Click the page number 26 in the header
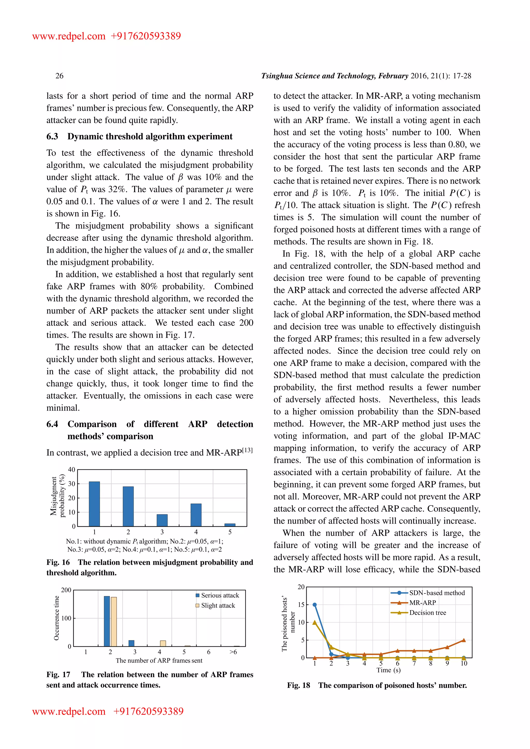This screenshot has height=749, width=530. point(60,76)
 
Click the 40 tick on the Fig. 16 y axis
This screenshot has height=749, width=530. point(71,469)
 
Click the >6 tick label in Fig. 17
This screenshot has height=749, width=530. point(233,652)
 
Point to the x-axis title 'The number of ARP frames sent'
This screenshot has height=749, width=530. point(159,661)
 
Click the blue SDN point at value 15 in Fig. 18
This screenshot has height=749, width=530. point(315,604)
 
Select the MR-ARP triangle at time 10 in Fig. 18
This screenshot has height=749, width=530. point(464,640)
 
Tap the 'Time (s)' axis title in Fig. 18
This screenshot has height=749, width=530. point(388,670)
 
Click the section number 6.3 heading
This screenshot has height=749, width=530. point(52,136)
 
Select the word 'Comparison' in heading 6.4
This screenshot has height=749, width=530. point(92,424)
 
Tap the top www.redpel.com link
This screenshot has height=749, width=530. point(69,36)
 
